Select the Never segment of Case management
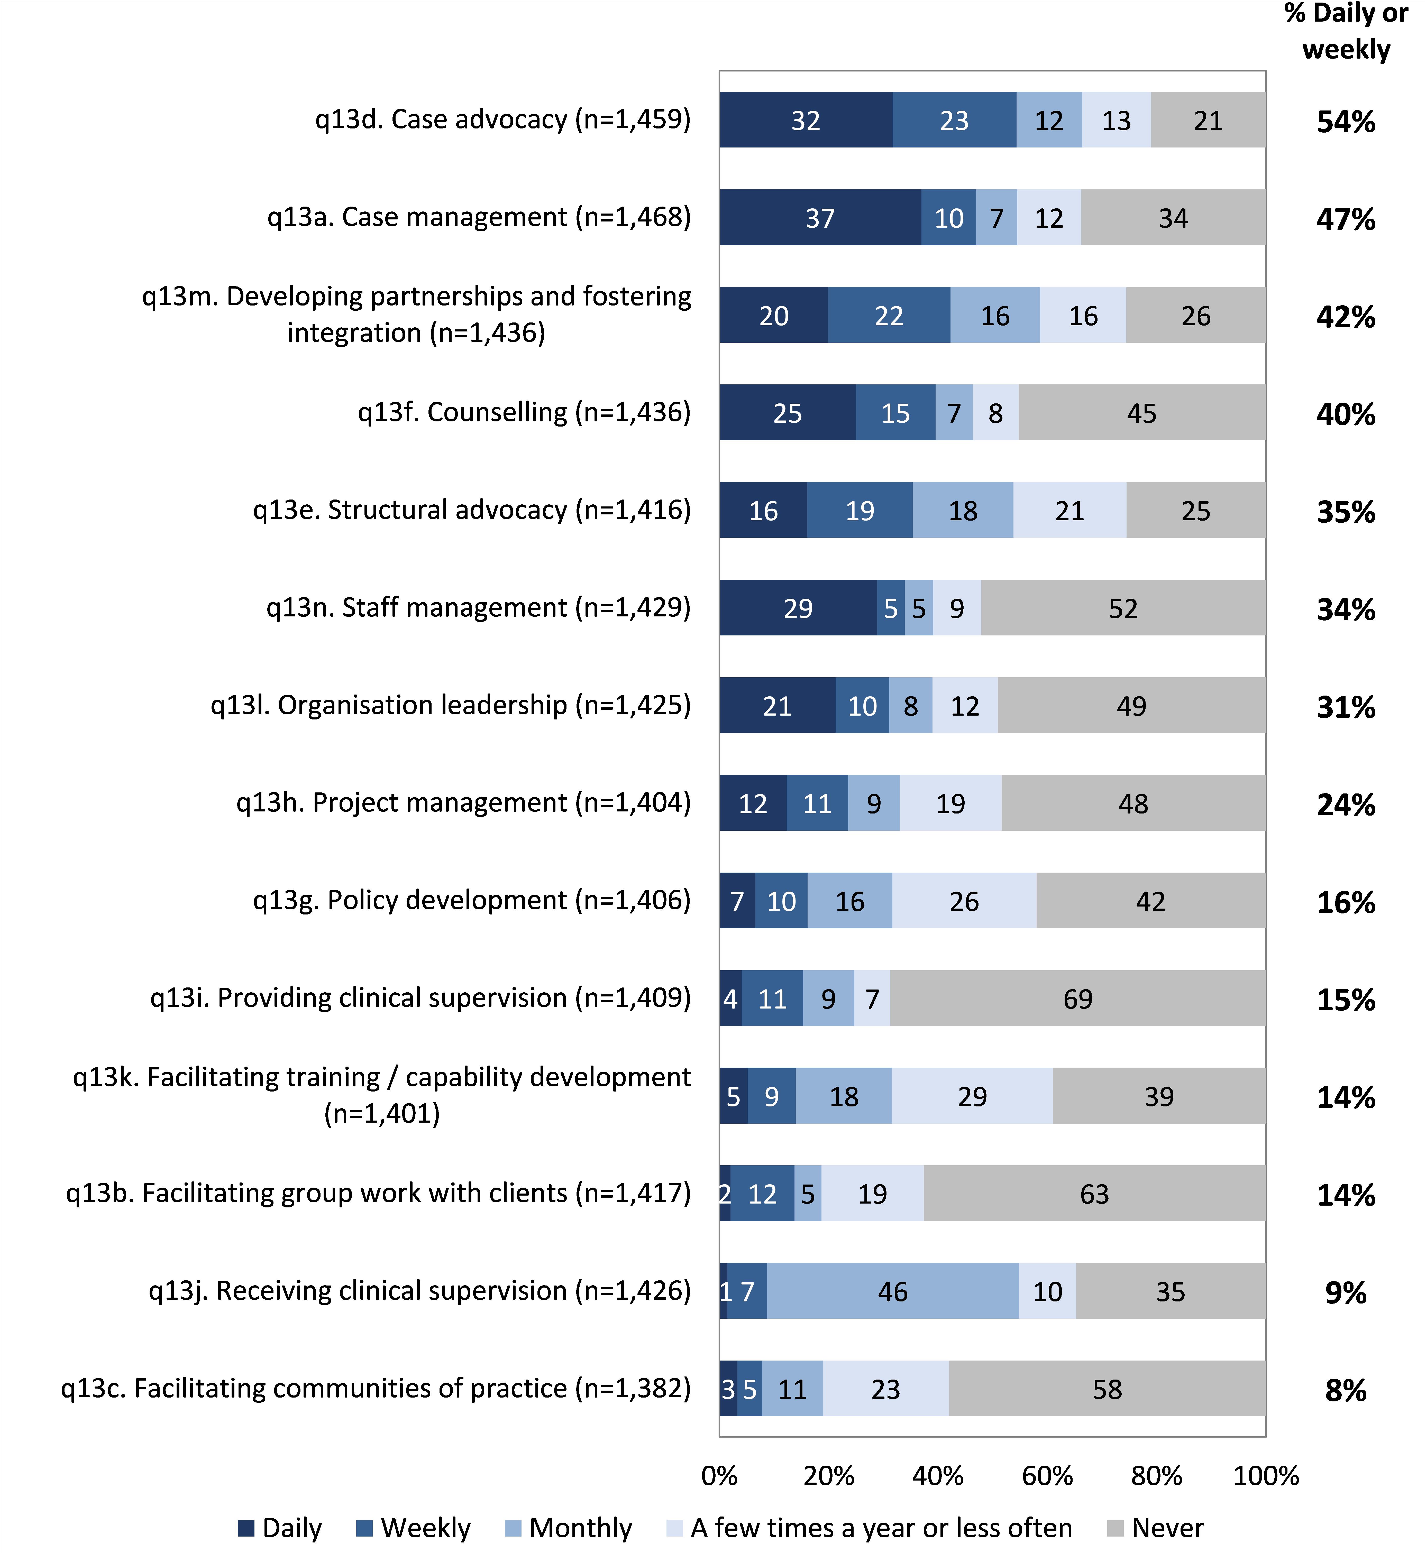(x=1173, y=218)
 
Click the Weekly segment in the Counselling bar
(x=895, y=413)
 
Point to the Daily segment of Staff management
(x=798, y=608)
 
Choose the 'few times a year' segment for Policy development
(x=964, y=900)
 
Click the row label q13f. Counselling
(x=524, y=412)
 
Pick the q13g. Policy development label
(x=471, y=900)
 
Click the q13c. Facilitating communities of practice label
(x=376, y=1388)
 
